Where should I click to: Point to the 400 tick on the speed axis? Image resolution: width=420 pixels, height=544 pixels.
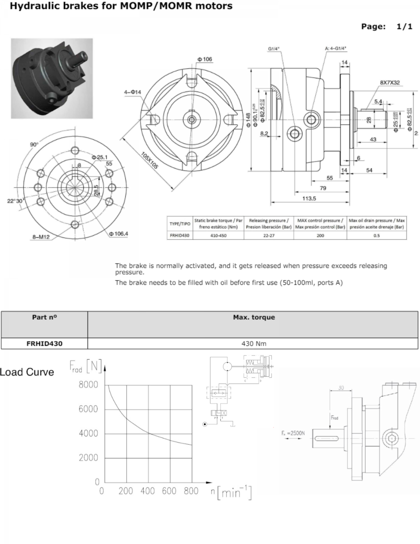coord(148,491)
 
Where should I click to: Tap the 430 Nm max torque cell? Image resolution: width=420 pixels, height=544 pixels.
coord(253,344)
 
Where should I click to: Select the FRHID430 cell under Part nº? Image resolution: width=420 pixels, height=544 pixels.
coord(44,344)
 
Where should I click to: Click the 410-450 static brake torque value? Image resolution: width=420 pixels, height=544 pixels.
coord(219,235)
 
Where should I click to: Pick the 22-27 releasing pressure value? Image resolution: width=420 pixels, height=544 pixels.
coord(269,235)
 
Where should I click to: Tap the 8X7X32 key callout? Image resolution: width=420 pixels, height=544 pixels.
coord(392,83)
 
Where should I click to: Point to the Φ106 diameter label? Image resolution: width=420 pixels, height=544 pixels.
coord(204,59)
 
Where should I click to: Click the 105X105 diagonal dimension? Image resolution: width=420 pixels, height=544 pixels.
coord(149,160)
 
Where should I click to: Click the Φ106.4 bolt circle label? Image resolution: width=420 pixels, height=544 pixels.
coord(118,233)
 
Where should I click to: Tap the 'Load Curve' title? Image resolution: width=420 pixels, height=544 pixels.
coord(27,372)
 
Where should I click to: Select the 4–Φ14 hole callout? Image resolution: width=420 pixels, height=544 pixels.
coord(133,92)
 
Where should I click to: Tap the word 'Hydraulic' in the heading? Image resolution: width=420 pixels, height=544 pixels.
coord(31,6)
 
